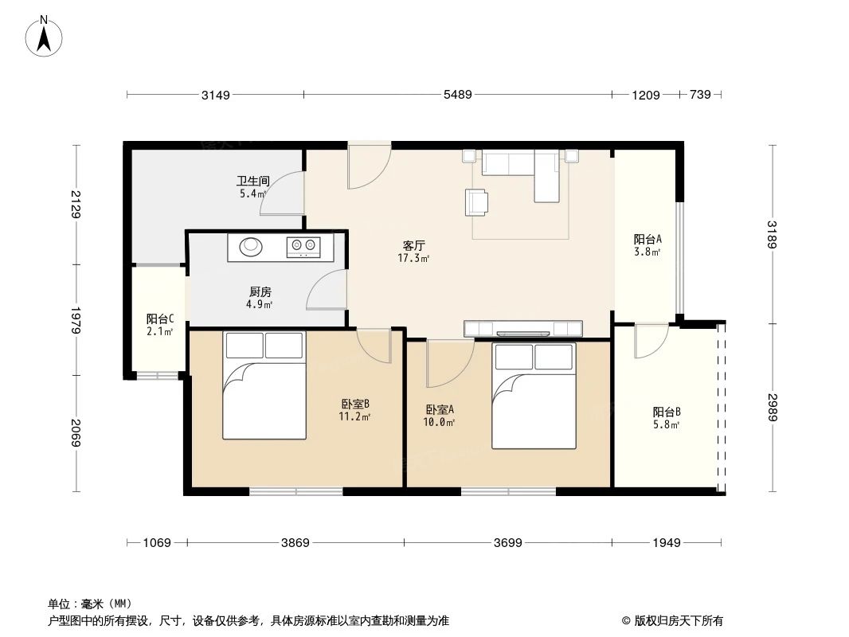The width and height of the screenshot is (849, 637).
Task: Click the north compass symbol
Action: [45, 36]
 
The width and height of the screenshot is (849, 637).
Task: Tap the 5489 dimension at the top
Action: [458, 95]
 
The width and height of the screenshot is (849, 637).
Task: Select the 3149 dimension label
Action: [215, 95]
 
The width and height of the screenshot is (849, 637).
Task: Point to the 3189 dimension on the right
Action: [771, 235]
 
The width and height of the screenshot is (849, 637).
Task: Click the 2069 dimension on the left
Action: [76, 432]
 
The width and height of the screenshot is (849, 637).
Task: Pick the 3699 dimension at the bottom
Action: [507, 543]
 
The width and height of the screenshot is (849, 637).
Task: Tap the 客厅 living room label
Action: [413, 246]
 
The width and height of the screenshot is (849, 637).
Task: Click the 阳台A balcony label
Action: [648, 239]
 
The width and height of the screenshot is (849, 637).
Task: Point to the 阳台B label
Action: [666, 412]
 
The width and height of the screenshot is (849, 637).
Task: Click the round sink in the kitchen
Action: [250, 247]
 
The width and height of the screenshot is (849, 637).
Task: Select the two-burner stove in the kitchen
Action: [303, 248]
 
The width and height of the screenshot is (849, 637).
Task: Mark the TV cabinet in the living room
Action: [522, 328]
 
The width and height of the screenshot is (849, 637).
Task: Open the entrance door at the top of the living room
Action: [368, 165]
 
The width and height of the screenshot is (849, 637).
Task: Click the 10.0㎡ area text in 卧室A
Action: [439, 423]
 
